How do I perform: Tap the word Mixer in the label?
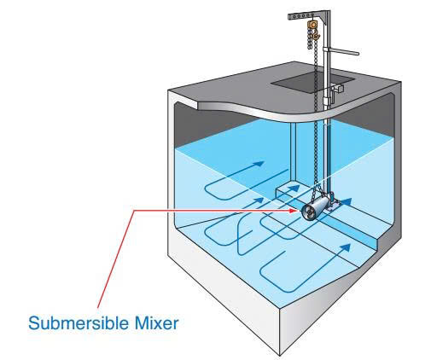157,323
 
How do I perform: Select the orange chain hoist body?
312,25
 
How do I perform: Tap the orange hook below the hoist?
316,35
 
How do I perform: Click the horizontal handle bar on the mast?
343,51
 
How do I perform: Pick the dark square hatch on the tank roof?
312,82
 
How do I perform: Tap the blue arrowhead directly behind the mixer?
345,201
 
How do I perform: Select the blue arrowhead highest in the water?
258,164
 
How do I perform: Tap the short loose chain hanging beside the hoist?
309,39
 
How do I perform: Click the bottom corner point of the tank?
280,356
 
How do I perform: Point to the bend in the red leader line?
134,210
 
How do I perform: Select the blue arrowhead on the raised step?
294,188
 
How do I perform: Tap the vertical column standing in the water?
293,152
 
